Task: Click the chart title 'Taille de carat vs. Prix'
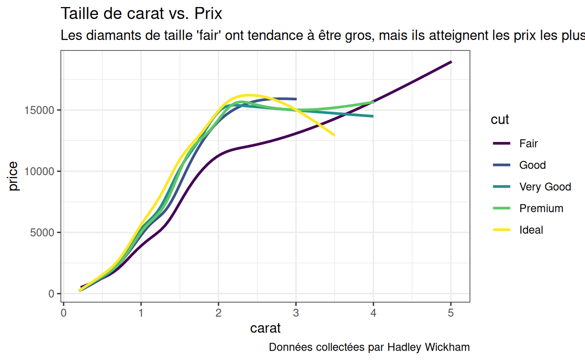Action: (x=142, y=14)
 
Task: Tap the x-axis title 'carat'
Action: (x=265, y=328)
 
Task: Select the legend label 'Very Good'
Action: (x=545, y=187)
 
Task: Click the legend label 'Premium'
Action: (x=541, y=209)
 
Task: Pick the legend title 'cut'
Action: (x=500, y=120)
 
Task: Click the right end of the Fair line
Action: (x=451, y=62)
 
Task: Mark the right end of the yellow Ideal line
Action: (x=334, y=135)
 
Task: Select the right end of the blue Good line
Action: (x=296, y=99)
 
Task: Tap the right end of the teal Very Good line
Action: (x=373, y=116)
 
